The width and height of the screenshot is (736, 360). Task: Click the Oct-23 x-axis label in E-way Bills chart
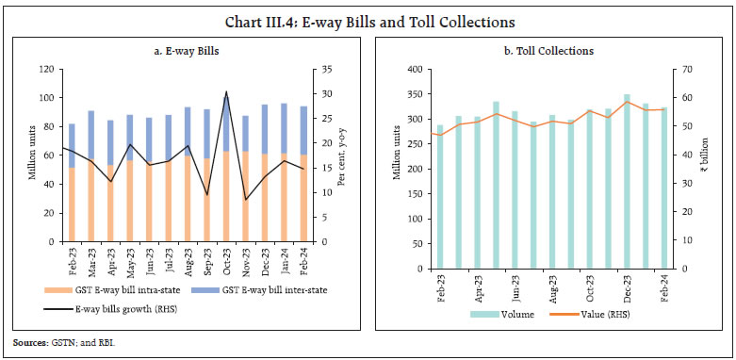[x=226, y=257]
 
